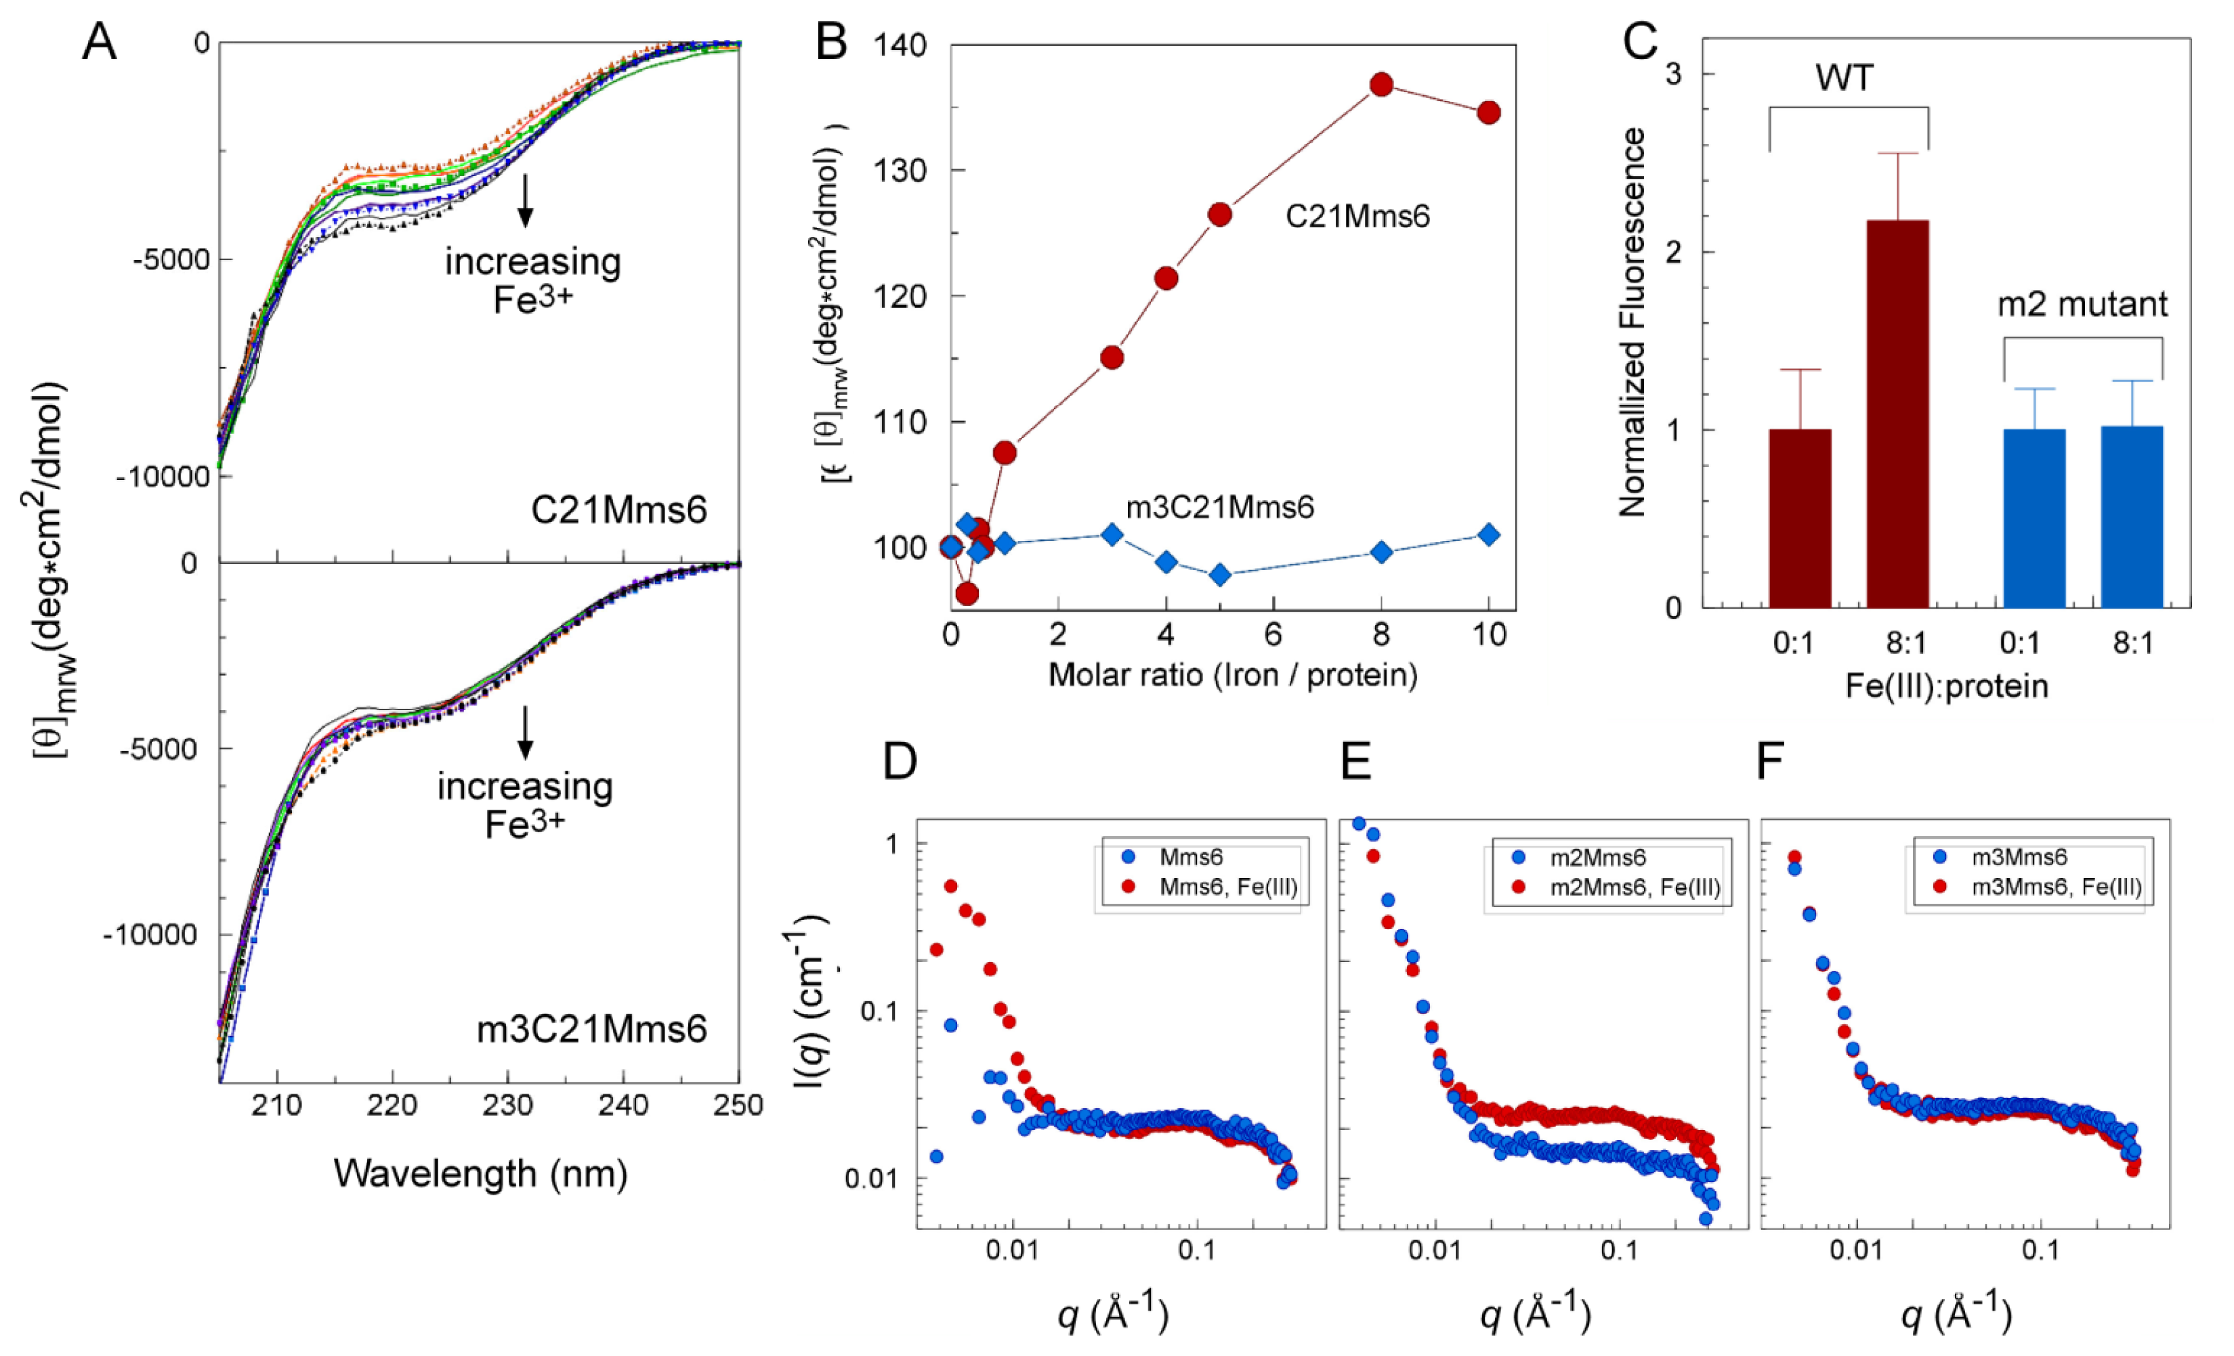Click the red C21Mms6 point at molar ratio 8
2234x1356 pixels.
pyautogui.click(x=1381, y=85)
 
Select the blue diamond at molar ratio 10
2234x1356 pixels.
pyautogui.click(x=1488, y=535)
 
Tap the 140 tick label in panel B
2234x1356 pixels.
pyautogui.click(x=900, y=45)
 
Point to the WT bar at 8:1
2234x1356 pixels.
pyautogui.click(x=1897, y=414)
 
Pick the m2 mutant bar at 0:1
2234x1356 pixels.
pyautogui.click(x=2033, y=518)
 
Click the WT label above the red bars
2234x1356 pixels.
pyautogui.click(x=1843, y=79)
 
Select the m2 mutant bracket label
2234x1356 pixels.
pyautogui.click(x=2082, y=305)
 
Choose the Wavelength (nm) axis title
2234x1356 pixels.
pyautogui.click(x=480, y=1173)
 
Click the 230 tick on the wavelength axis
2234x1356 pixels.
pyautogui.click(x=508, y=1105)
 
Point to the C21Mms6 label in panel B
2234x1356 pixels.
pyautogui.click(x=1357, y=216)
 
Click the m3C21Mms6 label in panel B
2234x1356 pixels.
pyautogui.click(x=1219, y=508)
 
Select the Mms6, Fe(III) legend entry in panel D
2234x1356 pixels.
pyautogui.click(x=1227, y=886)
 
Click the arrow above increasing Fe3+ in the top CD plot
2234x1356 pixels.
pyautogui.click(x=525, y=200)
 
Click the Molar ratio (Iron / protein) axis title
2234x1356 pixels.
pyautogui.click(x=1232, y=675)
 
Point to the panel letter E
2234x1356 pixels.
pyautogui.click(x=1355, y=762)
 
